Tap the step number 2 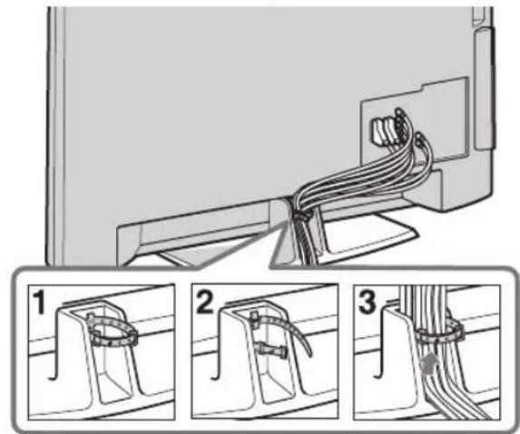[x=205, y=303]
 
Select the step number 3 [x=368, y=303]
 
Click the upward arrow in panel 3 [x=430, y=366]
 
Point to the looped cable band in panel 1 [x=112, y=328]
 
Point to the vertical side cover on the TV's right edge [x=485, y=89]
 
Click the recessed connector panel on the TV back [x=415, y=120]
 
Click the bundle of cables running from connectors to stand [x=358, y=177]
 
